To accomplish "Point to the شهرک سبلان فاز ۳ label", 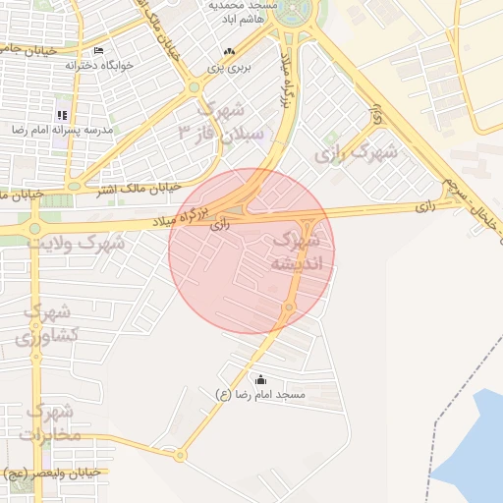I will click(222, 122).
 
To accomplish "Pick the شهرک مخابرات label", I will click(47, 422).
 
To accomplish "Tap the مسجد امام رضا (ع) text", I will click(260, 394).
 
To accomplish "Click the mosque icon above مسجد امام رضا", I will click(260, 379).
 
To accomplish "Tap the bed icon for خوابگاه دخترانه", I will click(97, 51).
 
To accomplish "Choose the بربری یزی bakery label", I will click(228, 68).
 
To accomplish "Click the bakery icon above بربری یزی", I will click(229, 52).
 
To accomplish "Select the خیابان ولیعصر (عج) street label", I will click(49, 473).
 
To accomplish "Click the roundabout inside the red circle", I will click(289, 307).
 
